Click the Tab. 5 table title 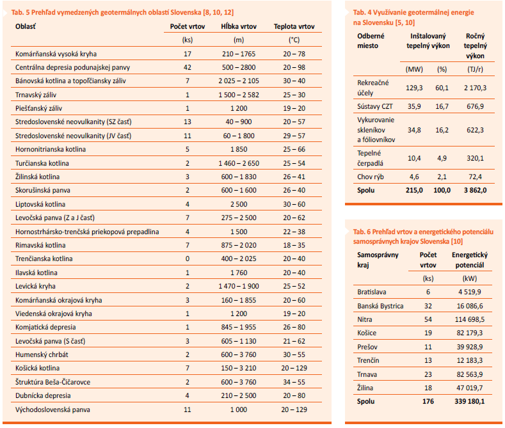coord(122,12)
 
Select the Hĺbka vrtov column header coord(239,26)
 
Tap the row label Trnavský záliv coord(36,95)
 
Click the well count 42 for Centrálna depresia coord(188,67)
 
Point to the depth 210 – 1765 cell coord(239,54)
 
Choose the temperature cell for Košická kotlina coord(294,368)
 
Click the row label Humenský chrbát coord(42,354)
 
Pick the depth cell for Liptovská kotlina coord(239,204)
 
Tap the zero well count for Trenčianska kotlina coord(188,258)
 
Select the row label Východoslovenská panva coord(52,409)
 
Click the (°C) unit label coord(294,40)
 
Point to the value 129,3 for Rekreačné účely coord(414,88)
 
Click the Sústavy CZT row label coord(375,106)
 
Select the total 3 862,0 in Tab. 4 coord(475,190)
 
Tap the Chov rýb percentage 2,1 coord(442,177)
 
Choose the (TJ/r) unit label coord(475,69)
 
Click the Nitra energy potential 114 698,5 coord(470,319)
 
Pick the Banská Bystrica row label coord(380,306)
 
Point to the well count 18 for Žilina coord(428,388)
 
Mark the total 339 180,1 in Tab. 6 coord(470,401)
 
